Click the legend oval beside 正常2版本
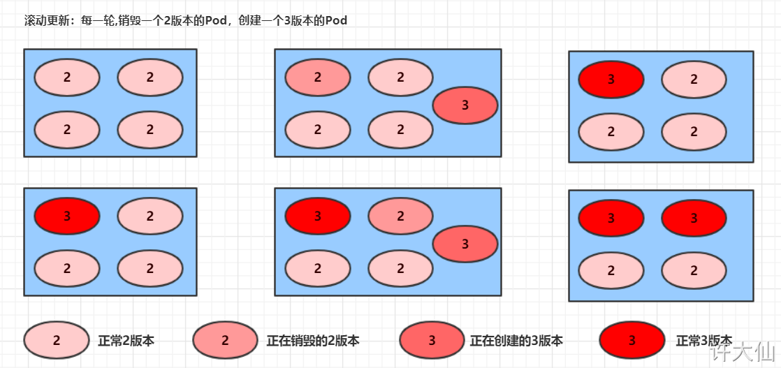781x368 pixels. (x=57, y=341)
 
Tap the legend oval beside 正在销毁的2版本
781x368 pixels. (x=225, y=341)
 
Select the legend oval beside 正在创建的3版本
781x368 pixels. (x=432, y=341)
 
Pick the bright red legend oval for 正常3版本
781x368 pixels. (x=632, y=341)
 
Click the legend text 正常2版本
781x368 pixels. (x=126, y=341)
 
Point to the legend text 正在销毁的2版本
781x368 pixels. (x=313, y=341)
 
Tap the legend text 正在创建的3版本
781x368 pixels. (x=516, y=341)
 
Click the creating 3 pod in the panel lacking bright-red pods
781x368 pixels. (x=465, y=105)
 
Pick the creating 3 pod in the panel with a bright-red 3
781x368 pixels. (x=465, y=244)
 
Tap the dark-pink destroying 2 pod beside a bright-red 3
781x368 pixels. (x=400, y=216)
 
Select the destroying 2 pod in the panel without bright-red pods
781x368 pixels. (x=317, y=78)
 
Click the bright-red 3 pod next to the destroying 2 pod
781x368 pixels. (x=317, y=216)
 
